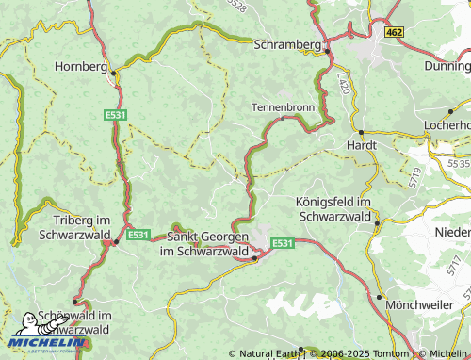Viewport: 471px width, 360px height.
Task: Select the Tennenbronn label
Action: pos(283,106)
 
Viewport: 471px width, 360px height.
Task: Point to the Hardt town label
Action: pos(362,145)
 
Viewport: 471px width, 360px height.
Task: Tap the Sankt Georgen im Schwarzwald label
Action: pos(207,244)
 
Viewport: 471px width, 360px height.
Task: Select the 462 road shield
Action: pos(394,31)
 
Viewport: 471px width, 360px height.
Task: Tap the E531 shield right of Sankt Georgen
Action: pos(283,243)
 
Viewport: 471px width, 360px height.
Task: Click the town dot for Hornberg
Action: pos(113,72)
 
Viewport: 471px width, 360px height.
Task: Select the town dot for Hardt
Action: pos(361,131)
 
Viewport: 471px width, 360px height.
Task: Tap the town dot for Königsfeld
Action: pos(376,223)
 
